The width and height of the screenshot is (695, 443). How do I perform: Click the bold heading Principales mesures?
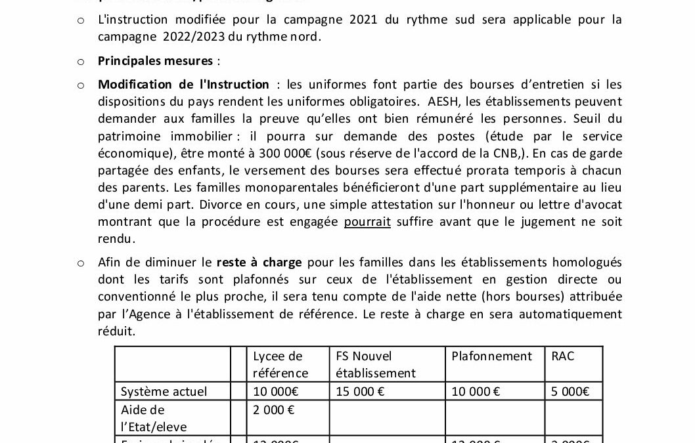click(155, 61)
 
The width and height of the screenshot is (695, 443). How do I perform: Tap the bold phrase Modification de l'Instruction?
click(183, 85)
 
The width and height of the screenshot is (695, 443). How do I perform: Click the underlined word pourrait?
click(367, 222)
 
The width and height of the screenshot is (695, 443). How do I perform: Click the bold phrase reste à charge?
click(259, 263)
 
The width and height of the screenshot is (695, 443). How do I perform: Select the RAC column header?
click(563, 356)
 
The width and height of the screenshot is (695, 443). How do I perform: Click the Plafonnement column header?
click(491, 356)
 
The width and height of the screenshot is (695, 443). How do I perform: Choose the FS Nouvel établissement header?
click(375, 364)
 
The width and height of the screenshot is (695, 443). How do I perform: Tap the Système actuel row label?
click(164, 392)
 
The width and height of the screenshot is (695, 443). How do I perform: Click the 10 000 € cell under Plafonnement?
click(476, 392)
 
